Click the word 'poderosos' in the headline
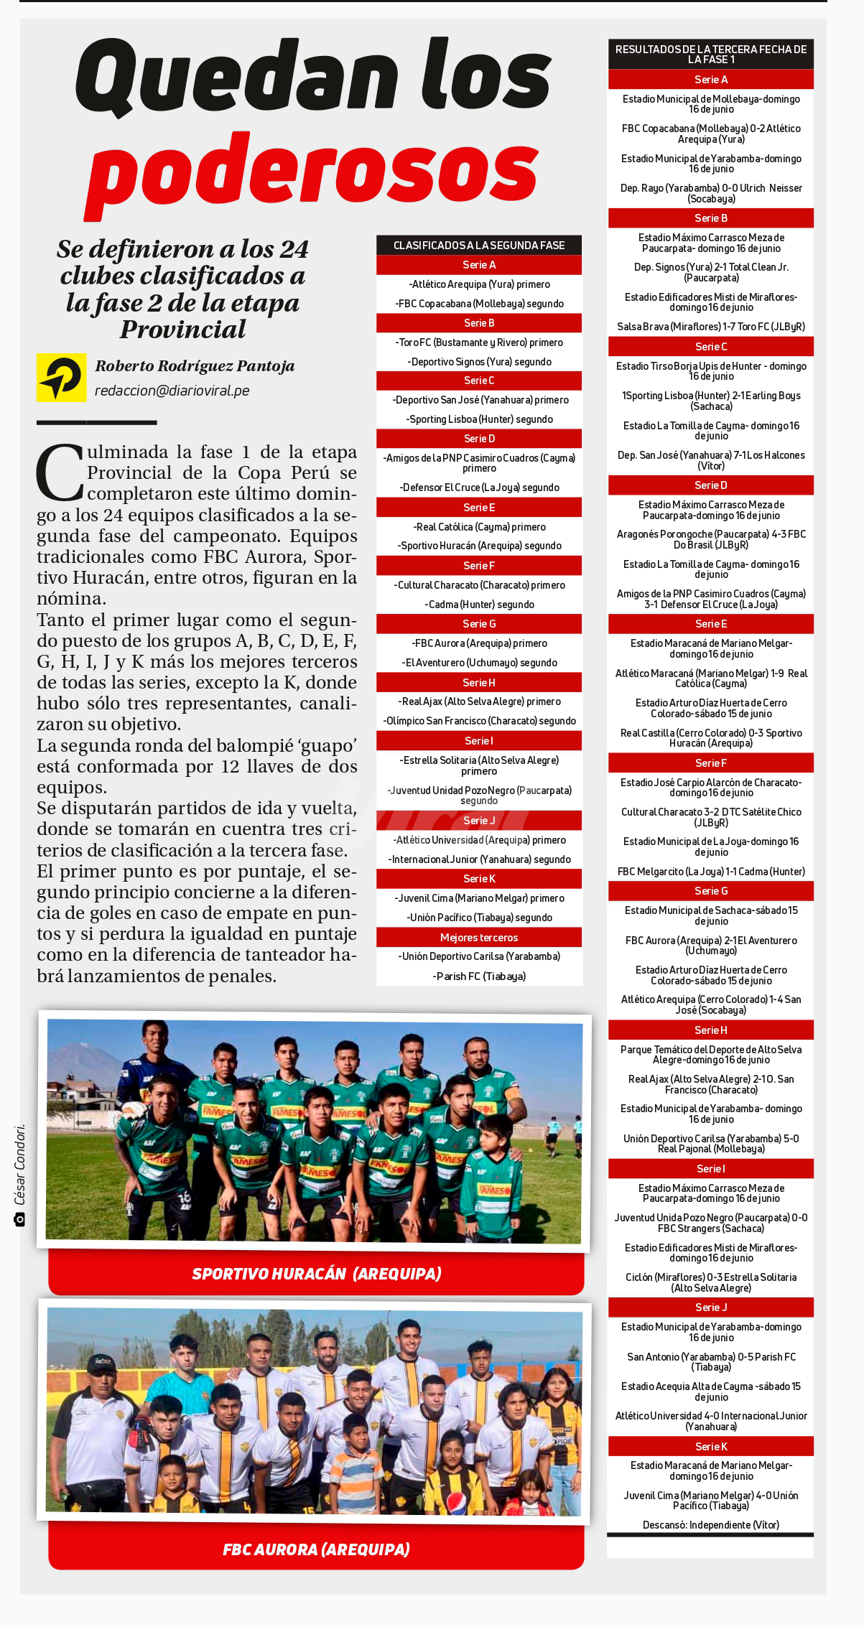(312, 172)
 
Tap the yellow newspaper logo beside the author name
(61, 377)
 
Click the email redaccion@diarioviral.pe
(172, 391)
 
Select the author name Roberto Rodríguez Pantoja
(195, 366)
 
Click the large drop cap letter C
(60, 473)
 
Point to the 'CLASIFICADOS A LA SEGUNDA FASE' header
(479, 246)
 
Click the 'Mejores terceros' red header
(479, 937)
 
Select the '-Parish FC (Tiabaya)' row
(479, 976)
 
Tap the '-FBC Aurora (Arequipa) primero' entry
(479, 643)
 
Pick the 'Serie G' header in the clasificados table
(479, 624)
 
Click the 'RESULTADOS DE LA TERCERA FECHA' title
(710, 55)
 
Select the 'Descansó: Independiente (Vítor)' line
(710, 1524)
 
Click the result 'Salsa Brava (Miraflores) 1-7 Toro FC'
(710, 327)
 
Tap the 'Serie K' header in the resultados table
(710, 1446)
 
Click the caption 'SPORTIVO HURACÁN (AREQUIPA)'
(317, 1274)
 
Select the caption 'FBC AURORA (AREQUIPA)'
(317, 1549)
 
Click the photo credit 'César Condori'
(19, 1164)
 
